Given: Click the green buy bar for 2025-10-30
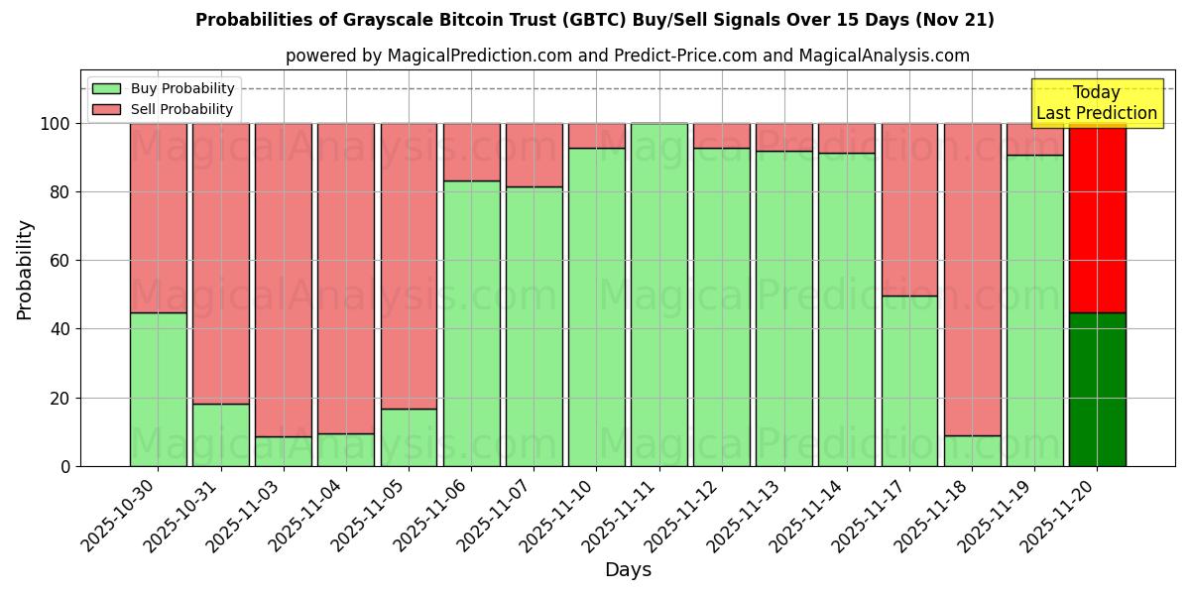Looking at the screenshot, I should [158, 389].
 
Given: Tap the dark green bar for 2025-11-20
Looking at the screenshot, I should [1097, 389].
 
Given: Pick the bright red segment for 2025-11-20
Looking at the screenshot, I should [1097, 218].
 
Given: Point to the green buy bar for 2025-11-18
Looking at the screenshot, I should [972, 450].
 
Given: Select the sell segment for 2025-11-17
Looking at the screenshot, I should [909, 209].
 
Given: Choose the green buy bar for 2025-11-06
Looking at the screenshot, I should [471, 323].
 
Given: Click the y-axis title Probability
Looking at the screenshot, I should [25, 270].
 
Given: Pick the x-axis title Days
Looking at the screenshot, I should [628, 570].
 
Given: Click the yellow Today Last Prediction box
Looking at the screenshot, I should [1097, 103].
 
